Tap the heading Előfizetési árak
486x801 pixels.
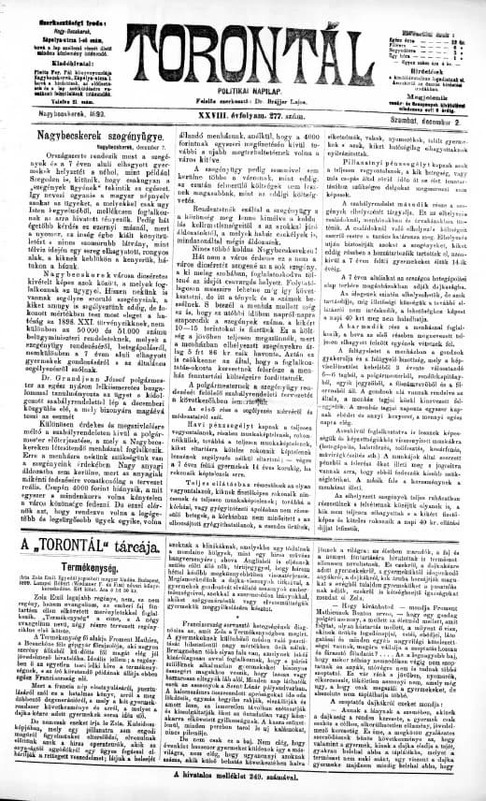(434, 7)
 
